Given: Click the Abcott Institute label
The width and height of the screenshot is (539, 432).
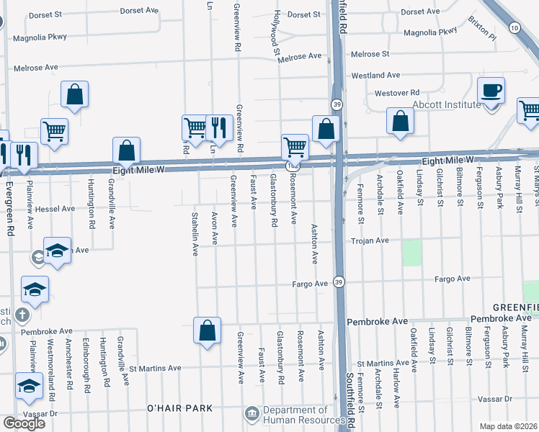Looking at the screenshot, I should click(447, 104).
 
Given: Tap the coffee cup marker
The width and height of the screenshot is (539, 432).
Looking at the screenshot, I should click(491, 91).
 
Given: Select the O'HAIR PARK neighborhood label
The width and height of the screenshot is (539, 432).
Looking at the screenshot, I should click(179, 408).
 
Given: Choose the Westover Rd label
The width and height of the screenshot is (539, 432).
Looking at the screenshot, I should click(396, 93).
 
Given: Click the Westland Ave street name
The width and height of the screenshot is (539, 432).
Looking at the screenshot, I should click(375, 75).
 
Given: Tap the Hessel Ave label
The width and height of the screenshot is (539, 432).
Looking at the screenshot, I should click(54, 209).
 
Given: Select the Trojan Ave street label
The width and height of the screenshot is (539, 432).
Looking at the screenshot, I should click(370, 240).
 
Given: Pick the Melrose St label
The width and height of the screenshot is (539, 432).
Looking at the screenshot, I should click(370, 54).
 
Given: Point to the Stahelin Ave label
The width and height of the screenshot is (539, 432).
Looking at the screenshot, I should click(195, 234).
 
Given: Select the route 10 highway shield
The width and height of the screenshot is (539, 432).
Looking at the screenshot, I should click(514, 27).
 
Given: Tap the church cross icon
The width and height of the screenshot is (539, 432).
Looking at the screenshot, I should click(22, 315).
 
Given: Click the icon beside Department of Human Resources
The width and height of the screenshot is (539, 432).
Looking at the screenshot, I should click(253, 414).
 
